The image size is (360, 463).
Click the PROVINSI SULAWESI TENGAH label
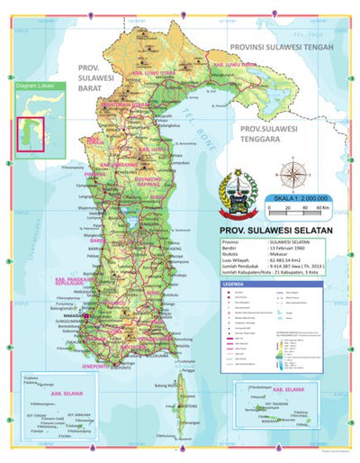281,47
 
